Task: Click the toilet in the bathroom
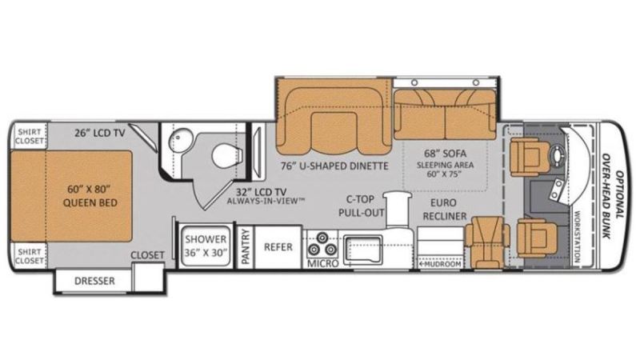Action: tap(227, 155)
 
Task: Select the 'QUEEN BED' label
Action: tap(90, 202)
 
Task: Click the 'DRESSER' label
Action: tap(94, 281)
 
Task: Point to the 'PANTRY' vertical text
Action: tap(246, 246)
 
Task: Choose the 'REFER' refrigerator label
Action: tap(278, 247)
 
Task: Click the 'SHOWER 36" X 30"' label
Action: tap(206, 246)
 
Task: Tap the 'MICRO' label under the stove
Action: tap(323, 264)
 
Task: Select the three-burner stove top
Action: tap(322, 244)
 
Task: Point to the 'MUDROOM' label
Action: tap(440, 264)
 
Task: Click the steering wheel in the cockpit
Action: tap(557, 154)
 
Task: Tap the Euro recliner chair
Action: tap(487, 242)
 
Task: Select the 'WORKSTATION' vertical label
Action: tap(577, 236)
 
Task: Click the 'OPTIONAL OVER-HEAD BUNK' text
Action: tap(614, 195)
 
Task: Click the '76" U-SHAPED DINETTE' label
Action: tap(334, 166)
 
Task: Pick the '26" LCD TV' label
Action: tap(99, 133)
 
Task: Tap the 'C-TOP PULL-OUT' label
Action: tap(362, 206)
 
